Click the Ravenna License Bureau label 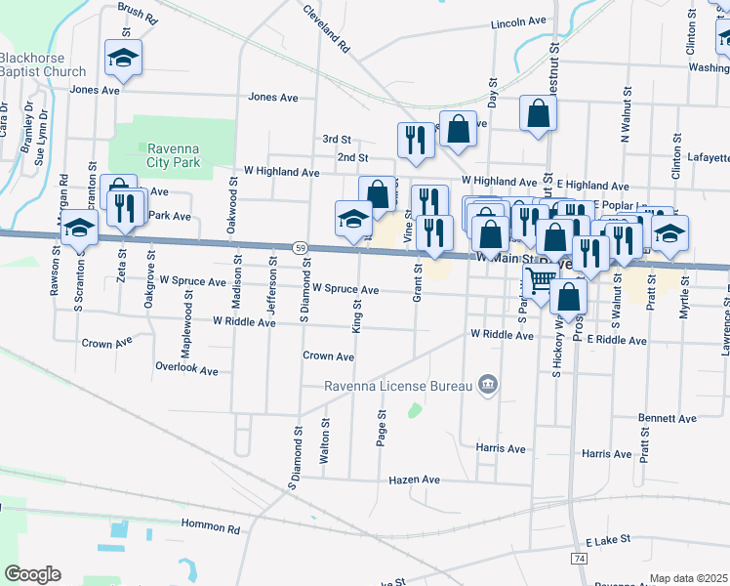398,386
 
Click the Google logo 32,574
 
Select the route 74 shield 579,558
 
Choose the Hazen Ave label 415,481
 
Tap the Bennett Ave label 668,418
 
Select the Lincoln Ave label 519,21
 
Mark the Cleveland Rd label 326,27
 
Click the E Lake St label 608,539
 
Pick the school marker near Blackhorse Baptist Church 124,58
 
